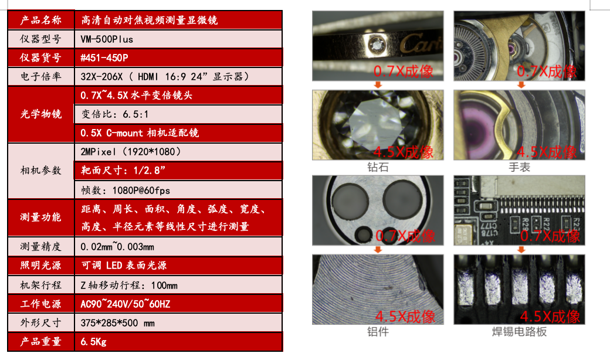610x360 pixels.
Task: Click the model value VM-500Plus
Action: coord(107,39)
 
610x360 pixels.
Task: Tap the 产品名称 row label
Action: coord(40,20)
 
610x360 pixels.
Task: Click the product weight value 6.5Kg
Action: coord(93,341)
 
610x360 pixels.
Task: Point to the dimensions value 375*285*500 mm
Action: coord(117,322)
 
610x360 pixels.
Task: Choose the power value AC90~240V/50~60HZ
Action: coord(125,304)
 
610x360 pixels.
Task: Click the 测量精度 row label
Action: coord(40,247)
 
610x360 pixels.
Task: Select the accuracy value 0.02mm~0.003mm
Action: coord(118,247)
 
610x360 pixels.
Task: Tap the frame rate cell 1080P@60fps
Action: coord(126,190)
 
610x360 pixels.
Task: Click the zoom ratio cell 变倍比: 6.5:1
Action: coord(115,114)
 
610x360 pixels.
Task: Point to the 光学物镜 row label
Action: coord(40,114)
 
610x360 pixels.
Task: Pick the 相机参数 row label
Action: coord(40,171)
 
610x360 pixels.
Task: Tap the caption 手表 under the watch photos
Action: coord(519,168)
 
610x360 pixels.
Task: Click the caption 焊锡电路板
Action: coord(519,332)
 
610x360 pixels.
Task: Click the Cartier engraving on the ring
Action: coord(419,43)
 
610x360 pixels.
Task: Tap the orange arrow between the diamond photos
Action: coord(378,84)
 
